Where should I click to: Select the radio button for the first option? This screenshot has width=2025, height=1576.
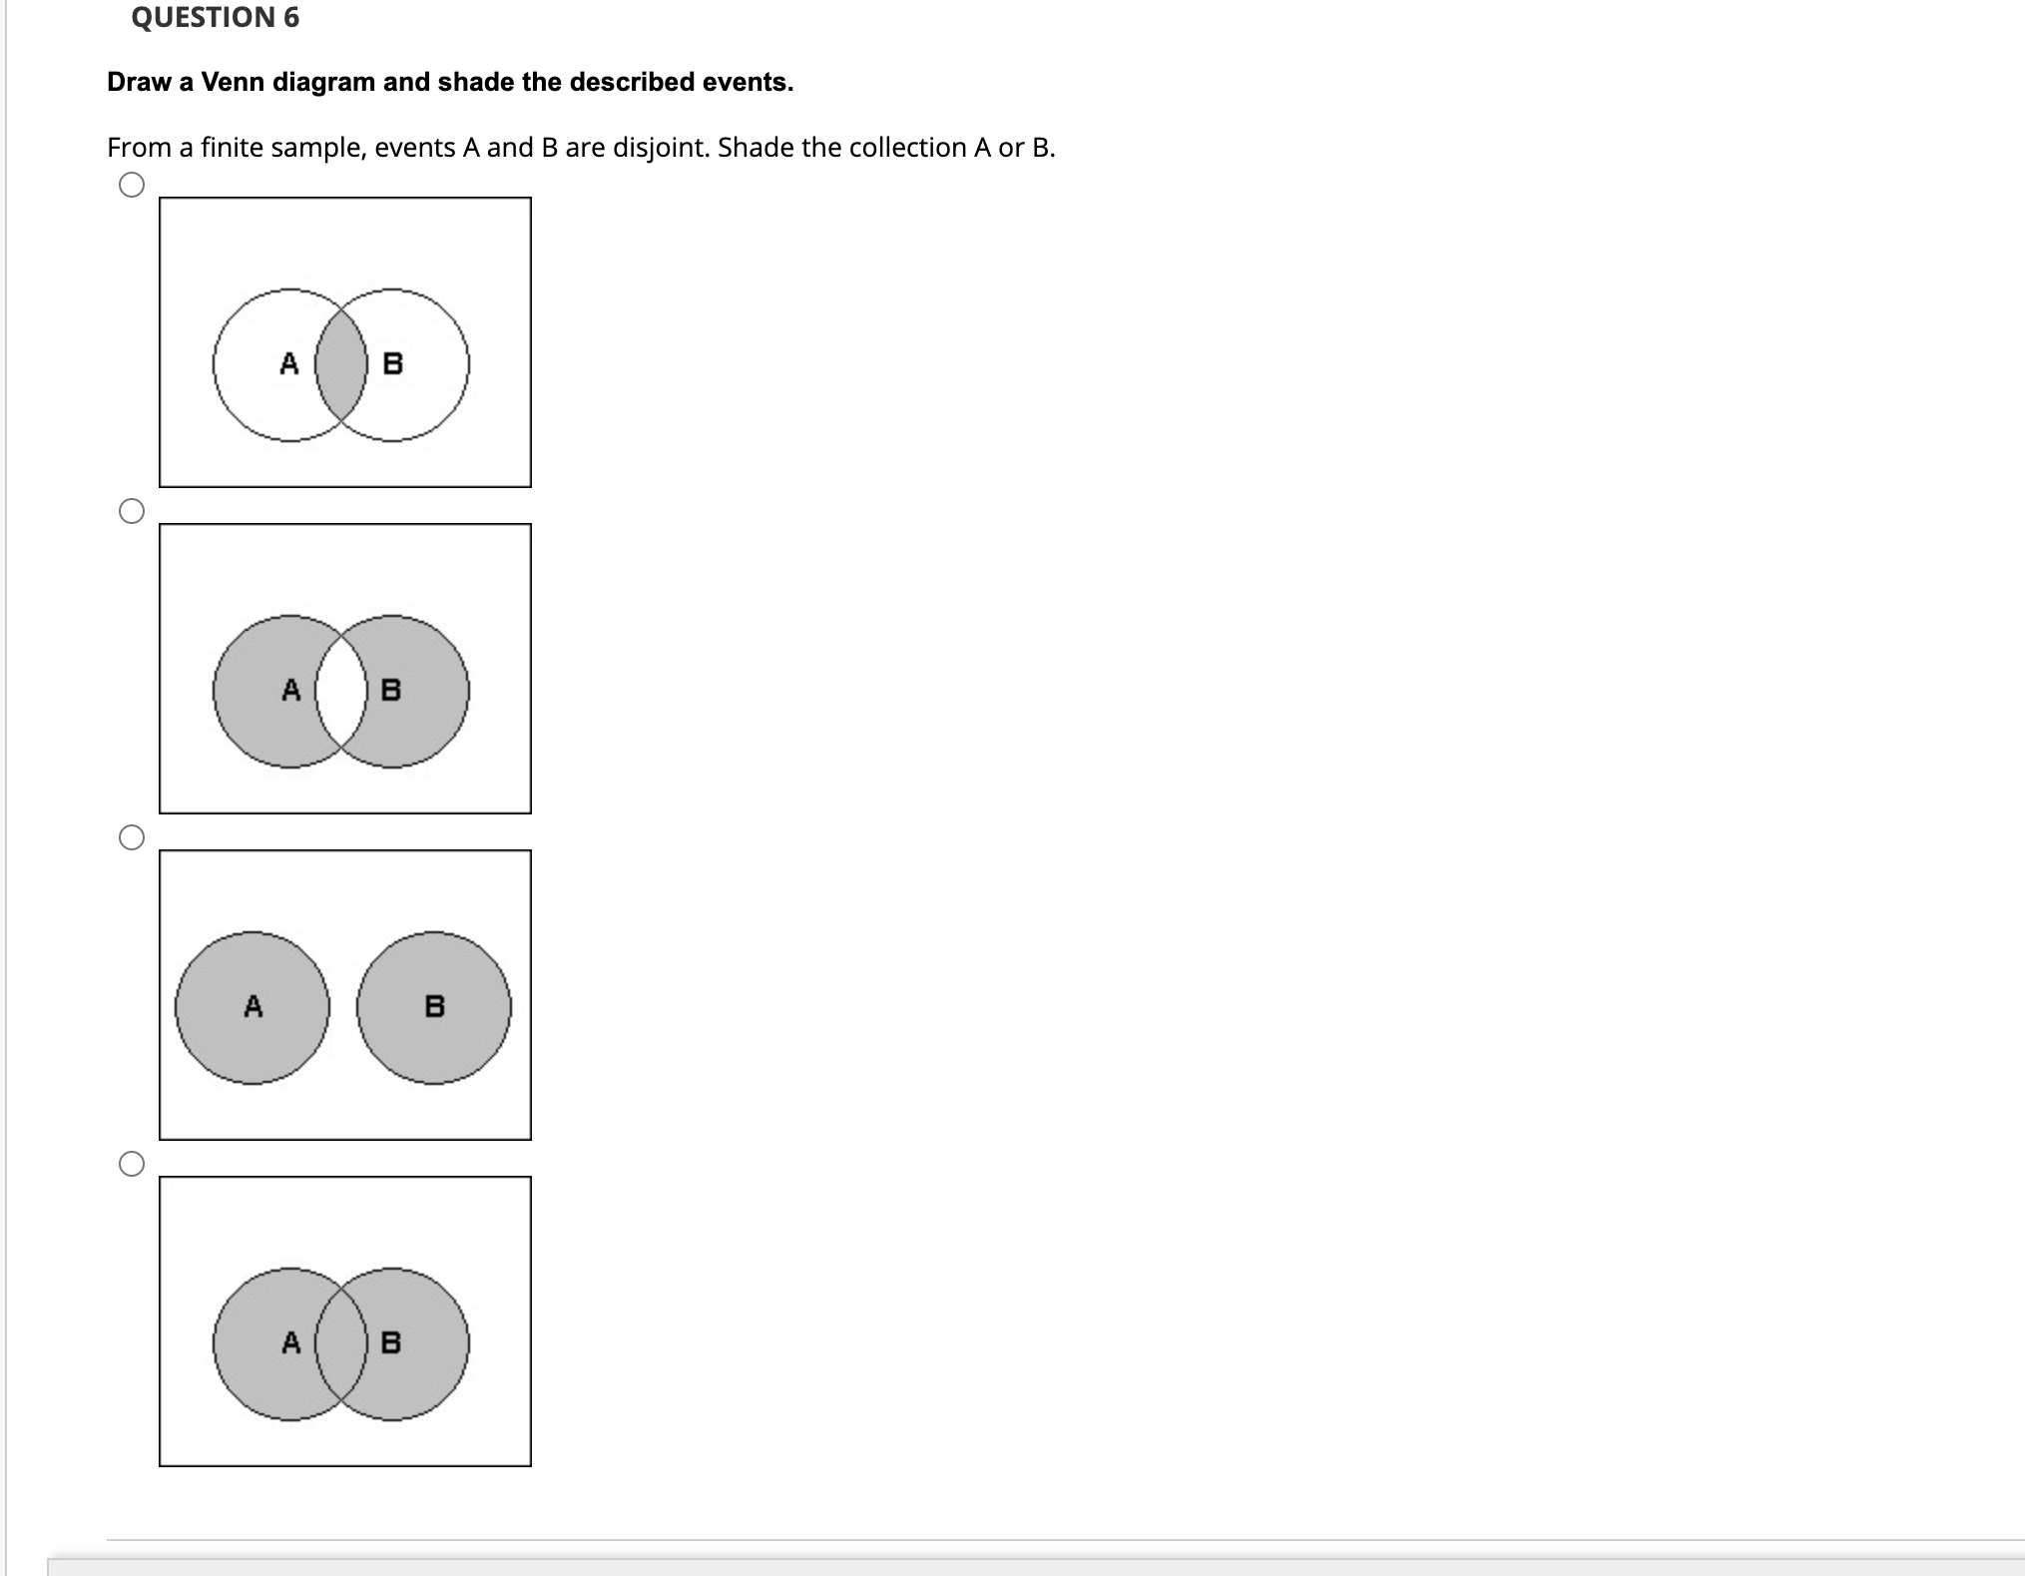coord(132,186)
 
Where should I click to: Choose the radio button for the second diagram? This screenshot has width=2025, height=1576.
coord(132,512)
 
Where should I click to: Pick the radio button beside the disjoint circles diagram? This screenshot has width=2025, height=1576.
coord(132,837)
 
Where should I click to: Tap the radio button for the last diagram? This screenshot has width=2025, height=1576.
coord(132,1164)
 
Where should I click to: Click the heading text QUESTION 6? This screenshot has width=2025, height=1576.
coord(215,18)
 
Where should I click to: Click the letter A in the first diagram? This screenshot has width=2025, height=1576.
coord(289,363)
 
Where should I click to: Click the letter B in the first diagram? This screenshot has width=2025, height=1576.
coord(393,364)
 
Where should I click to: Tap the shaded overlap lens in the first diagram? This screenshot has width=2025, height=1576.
coord(341,364)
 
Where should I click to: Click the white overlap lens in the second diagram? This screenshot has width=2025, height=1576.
coord(341,691)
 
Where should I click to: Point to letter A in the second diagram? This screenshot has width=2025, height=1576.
coord(290,690)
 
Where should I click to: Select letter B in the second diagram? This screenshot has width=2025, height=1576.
coord(392,690)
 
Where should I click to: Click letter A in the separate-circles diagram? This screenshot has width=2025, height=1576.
coord(253,1006)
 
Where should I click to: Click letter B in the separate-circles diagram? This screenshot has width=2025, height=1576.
coord(435,1006)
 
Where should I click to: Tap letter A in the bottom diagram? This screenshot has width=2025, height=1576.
coord(290,1342)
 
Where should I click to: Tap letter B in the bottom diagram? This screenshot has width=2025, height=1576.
coord(392,1342)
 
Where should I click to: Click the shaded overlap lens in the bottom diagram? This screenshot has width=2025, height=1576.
coord(341,1343)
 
